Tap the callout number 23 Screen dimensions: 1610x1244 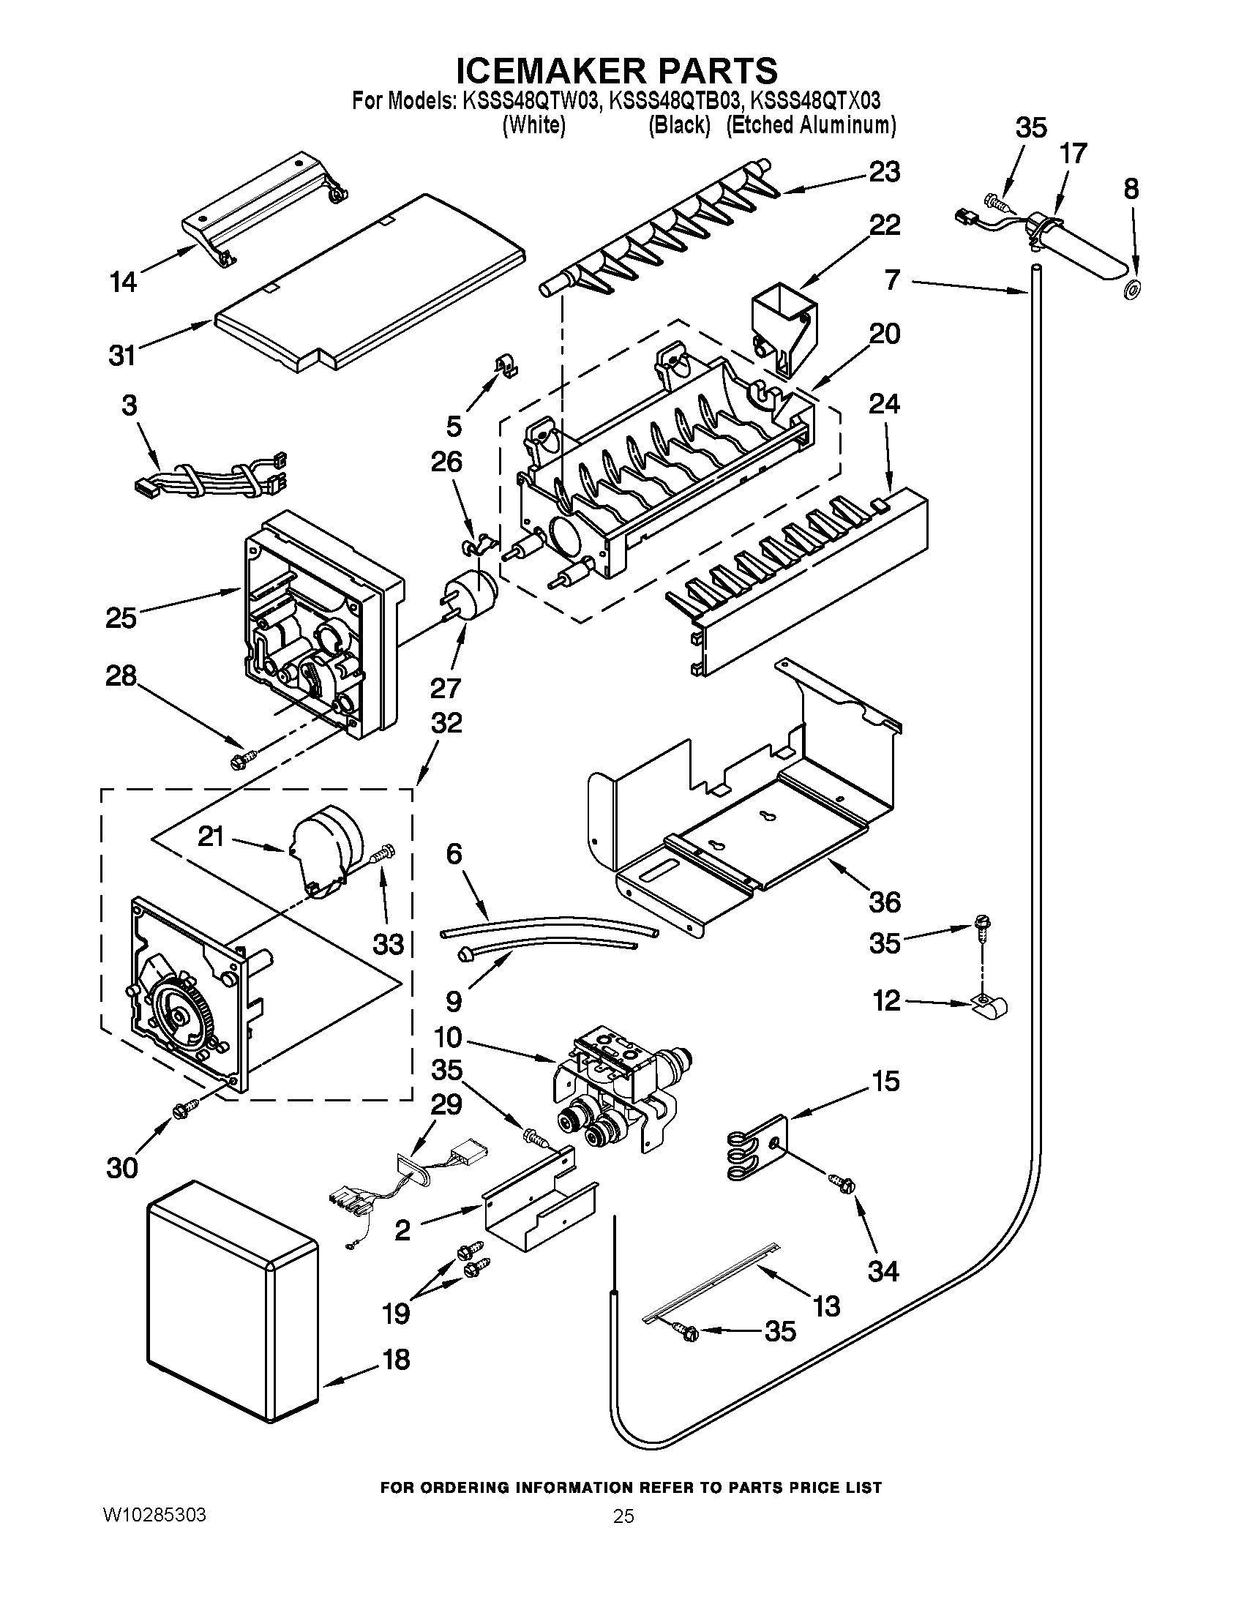pos(885,172)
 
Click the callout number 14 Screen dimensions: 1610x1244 pos(123,281)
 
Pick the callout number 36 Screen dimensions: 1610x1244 pos(885,902)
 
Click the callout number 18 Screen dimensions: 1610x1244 pos(397,1359)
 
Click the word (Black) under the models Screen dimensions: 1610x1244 pos(679,126)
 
